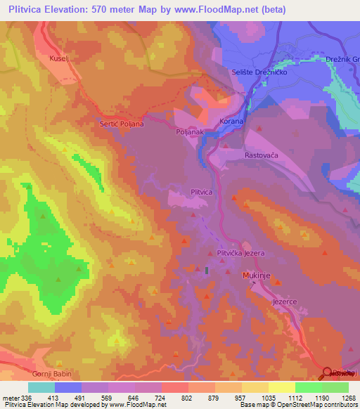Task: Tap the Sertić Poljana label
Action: point(122,124)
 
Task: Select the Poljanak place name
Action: point(189,131)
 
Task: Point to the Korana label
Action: point(231,122)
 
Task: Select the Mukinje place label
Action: point(257,276)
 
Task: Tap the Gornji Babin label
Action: point(52,374)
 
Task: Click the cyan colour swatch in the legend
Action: point(41,387)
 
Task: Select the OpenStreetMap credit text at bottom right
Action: point(314,405)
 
